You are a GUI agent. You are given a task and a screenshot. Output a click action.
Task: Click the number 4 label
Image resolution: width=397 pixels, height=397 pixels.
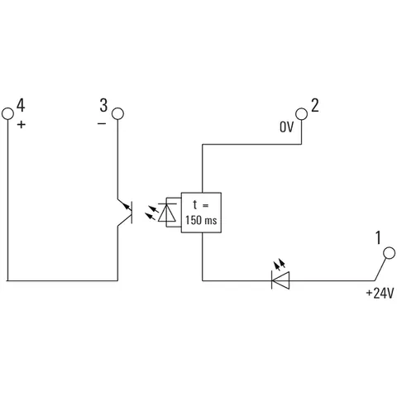coord(21,105)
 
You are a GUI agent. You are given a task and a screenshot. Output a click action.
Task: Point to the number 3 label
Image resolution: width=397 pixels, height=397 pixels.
coord(103,105)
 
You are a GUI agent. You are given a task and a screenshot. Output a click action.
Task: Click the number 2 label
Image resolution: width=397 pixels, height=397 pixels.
coord(315,105)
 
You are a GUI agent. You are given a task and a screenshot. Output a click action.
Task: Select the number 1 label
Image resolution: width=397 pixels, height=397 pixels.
coord(378,237)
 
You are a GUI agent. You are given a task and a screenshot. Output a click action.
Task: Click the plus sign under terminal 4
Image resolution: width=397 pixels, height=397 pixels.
coord(22,125)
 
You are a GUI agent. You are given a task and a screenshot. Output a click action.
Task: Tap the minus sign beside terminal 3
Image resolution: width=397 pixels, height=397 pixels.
coord(102,124)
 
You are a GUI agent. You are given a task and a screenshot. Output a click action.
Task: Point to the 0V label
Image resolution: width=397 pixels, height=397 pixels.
coord(286,127)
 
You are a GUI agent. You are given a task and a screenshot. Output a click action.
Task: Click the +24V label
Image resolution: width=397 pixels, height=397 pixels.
coord(380,293)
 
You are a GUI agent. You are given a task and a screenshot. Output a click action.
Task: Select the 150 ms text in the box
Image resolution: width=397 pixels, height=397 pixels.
coord(201,220)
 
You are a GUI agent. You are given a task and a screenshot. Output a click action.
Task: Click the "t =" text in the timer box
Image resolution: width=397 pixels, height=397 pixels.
coord(201,205)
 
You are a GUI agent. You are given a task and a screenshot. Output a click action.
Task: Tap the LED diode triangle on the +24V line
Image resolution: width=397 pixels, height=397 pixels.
coord(280,280)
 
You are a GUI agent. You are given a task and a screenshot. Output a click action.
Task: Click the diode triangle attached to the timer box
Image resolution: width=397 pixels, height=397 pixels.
coord(167,213)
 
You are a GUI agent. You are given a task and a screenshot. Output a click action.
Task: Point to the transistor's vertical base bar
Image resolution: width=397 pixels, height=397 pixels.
coord(132,213)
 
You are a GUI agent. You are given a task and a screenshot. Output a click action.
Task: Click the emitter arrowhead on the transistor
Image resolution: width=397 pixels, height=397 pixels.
coord(127,206)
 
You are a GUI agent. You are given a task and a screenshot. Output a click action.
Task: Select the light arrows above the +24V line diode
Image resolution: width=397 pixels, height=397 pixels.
coord(279,264)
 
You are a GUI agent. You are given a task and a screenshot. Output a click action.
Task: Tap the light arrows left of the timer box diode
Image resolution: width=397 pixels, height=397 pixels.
coord(152,213)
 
